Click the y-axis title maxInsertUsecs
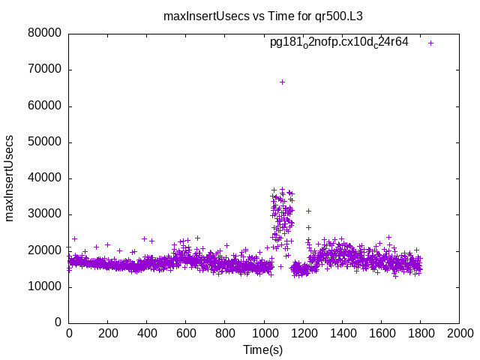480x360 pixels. click(10, 178)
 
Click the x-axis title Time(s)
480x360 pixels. click(263, 350)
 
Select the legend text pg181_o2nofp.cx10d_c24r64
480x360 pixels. click(339, 43)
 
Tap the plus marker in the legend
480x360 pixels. click(430, 43)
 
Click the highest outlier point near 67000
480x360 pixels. click(282, 82)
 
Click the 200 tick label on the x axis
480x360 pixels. click(108, 333)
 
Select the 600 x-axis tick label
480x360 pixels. click(186, 333)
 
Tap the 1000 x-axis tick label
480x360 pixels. click(264, 333)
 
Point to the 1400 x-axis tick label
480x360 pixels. click(342, 333)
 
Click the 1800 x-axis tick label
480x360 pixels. click(420, 333)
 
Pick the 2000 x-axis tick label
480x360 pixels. click(459, 333)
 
